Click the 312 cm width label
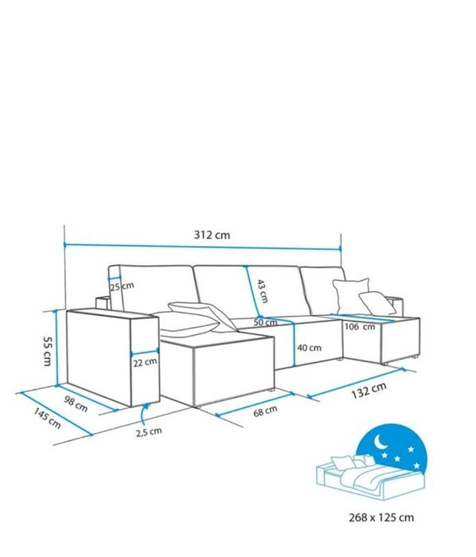click(x=212, y=235)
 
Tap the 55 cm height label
click(x=47, y=352)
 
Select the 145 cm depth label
click(x=47, y=418)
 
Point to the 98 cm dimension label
click(x=76, y=404)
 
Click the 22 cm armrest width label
click(x=145, y=363)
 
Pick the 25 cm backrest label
click(x=122, y=286)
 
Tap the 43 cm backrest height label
click(x=262, y=291)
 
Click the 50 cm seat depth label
click(x=265, y=323)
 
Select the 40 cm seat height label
click(x=310, y=348)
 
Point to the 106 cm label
click(x=360, y=326)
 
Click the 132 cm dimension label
click(x=369, y=391)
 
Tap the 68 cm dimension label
click(x=265, y=411)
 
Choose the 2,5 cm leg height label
click(x=149, y=432)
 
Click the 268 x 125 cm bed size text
click(x=381, y=517)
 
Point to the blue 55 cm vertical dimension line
click(x=56, y=348)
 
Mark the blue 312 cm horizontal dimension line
click(x=202, y=246)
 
